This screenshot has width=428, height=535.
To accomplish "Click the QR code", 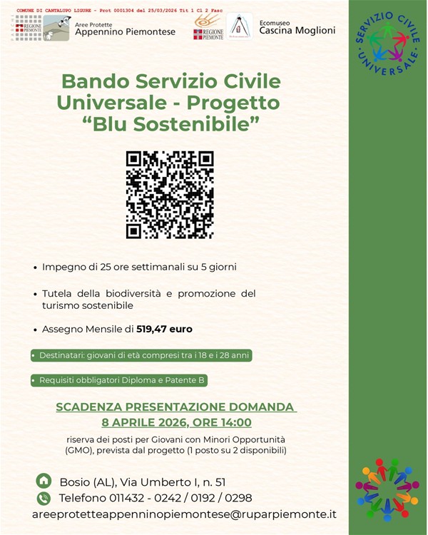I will coord(169,194).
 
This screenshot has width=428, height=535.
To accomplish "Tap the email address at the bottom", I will coord(184,514).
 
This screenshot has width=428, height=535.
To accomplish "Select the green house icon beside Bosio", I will coord(44,481).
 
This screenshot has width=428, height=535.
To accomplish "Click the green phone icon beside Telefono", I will coord(44,498).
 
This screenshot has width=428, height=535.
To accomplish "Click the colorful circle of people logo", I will coord(387,489).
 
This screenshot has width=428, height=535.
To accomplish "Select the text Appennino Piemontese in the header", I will coord(125,31).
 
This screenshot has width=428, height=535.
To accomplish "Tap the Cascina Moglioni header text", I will coord(297,31).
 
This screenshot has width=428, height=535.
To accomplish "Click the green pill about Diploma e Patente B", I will coord(119,381).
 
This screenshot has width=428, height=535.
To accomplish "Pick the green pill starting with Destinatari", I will coord(141,355).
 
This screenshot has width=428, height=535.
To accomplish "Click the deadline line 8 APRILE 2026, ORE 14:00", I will coord(176,422).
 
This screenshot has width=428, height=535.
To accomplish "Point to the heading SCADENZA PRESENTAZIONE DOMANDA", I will coord(175,407).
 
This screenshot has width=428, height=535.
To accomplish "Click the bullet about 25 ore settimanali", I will coord(139,267).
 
